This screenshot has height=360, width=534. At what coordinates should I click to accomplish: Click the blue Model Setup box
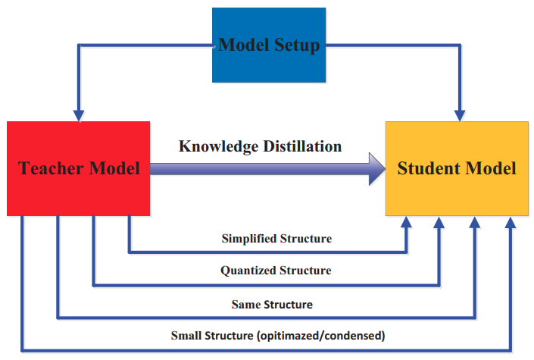[x=269, y=45]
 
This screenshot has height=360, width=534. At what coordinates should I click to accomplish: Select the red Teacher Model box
[x=78, y=168]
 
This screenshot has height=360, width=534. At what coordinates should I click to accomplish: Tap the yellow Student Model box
[x=457, y=168]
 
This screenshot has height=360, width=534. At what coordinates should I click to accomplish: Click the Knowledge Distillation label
[x=261, y=146]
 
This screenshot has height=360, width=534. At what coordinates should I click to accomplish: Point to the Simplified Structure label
[x=276, y=238]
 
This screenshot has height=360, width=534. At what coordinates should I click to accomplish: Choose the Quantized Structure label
[x=276, y=271]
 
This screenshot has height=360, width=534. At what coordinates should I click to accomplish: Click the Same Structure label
[x=272, y=304]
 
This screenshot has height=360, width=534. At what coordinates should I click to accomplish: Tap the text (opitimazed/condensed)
[x=321, y=336]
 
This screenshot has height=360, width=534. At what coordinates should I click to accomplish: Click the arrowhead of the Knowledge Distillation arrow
[x=377, y=169]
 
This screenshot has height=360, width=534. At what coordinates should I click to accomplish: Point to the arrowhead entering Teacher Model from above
[x=79, y=116]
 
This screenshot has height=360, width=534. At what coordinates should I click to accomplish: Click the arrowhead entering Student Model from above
[x=460, y=116]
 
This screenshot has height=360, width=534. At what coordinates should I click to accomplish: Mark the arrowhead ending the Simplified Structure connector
[x=406, y=222]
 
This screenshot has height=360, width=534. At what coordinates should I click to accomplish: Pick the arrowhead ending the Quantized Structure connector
[x=439, y=222]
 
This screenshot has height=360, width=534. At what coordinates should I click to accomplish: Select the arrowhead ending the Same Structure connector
[x=474, y=222]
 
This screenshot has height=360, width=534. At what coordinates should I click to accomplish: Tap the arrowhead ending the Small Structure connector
[x=511, y=222]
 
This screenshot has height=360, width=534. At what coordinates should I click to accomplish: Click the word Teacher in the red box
[x=51, y=168]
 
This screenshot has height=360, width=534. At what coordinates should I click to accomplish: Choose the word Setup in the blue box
[x=297, y=45]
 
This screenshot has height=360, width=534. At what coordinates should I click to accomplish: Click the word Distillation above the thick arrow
[x=302, y=146]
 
